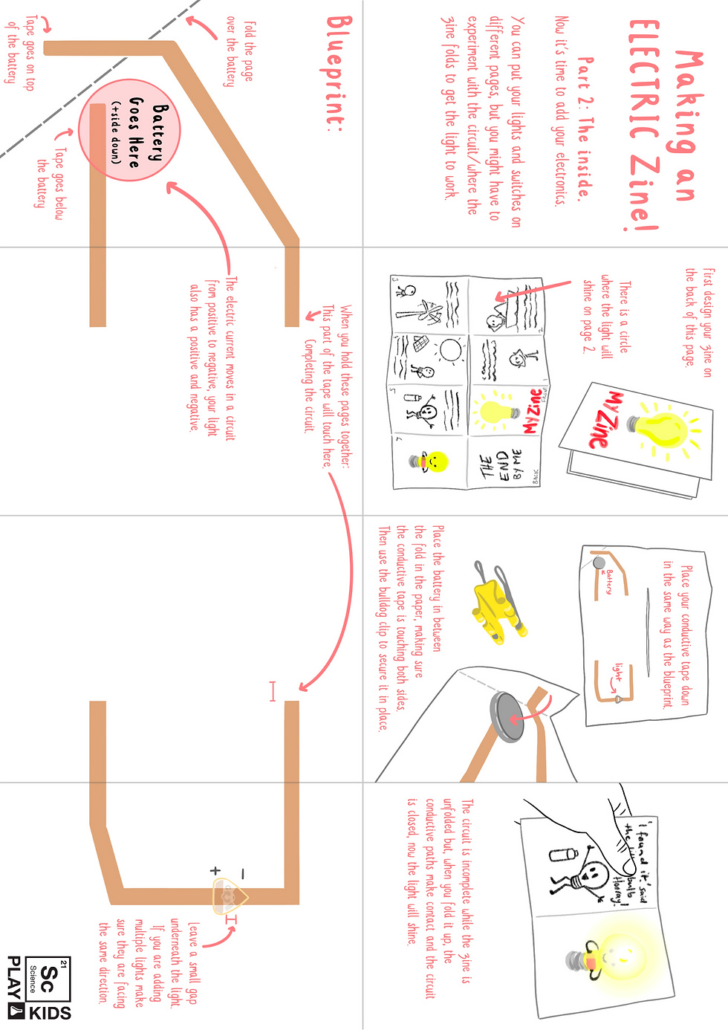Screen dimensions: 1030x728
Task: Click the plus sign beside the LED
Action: [215, 870]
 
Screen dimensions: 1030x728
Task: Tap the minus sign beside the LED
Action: [243, 874]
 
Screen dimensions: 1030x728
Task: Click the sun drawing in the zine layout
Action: [450, 349]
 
